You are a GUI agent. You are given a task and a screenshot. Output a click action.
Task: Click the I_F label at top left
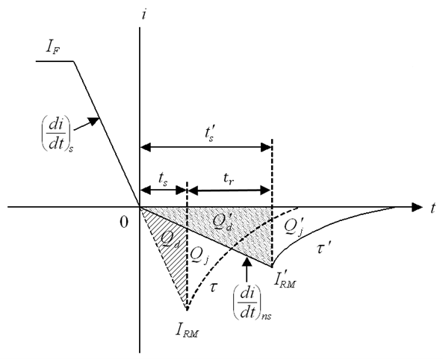(53, 48)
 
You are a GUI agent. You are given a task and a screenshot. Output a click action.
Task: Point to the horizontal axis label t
(433, 208)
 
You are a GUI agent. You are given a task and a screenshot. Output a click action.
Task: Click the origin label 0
(124, 222)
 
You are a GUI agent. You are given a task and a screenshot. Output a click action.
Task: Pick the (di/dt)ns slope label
(252, 304)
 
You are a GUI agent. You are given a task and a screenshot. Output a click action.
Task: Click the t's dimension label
(211, 134)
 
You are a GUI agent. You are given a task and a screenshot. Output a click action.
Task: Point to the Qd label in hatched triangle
(170, 240)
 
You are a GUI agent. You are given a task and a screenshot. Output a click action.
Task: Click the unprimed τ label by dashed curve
(213, 288)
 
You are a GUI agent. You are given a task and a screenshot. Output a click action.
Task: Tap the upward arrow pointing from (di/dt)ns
(247, 270)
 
